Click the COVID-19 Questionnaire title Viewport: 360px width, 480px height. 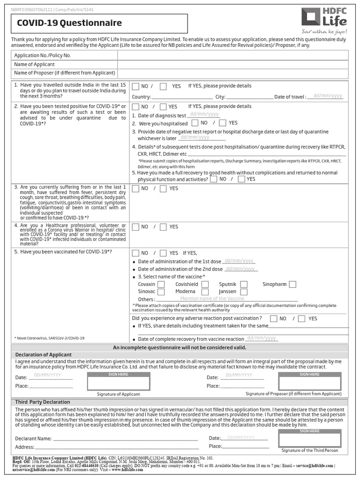tap(69, 23)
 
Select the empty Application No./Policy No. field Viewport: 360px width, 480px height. tap(232, 55)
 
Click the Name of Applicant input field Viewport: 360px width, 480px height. tap(232, 64)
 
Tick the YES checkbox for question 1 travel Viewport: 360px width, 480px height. tap(163, 86)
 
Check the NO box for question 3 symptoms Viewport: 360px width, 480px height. tap(135, 188)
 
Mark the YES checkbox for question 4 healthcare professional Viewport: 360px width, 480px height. tap(163, 227)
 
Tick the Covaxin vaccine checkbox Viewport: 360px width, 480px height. tap(161, 284)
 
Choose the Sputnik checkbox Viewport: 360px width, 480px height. tap(244, 284)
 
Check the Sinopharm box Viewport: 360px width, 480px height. tap(292, 284)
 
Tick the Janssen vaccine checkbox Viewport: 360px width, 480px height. tap(244, 292)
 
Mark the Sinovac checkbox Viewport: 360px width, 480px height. tap(161, 292)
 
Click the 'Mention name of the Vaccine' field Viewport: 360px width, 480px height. tap(227, 299)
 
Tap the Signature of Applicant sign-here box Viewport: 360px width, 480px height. tap(118, 382)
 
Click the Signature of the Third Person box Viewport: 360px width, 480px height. tap(309, 438)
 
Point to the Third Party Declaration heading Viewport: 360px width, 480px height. tap(43, 402)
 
